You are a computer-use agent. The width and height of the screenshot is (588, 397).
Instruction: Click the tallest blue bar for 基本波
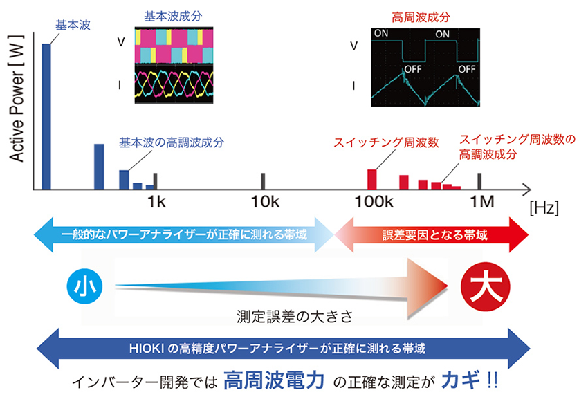tap(46, 117)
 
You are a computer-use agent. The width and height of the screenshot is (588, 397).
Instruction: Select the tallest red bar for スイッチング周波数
tap(371, 180)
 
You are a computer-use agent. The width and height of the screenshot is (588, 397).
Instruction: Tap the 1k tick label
tap(156, 202)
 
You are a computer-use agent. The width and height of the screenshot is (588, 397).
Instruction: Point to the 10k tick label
tap(265, 202)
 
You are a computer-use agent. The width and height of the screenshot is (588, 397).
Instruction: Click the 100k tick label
tap(374, 202)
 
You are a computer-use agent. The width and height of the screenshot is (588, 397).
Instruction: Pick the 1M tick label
tap(482, 202)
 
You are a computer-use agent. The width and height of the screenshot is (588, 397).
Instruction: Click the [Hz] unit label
tap(544, 208)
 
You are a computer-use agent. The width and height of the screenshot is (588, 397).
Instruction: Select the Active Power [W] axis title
tap(17, 98)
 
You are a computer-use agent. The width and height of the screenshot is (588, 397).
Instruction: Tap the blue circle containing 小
tap(85, 286)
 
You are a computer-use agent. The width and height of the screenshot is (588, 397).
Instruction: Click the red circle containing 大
tap(485, 286)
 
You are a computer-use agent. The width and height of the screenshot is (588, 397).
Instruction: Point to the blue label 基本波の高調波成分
tap(172, 142)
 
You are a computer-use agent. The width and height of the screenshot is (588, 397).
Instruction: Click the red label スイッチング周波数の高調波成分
tap(517, 147)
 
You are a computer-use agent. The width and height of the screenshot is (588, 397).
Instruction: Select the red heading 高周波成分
tap(421, 17)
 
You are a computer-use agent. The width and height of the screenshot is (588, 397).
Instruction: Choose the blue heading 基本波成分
tap(173, 16)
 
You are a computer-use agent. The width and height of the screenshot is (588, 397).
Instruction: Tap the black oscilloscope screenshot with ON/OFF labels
tap(425, 68)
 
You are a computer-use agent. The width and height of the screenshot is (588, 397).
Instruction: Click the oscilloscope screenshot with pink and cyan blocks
tap(174, 65)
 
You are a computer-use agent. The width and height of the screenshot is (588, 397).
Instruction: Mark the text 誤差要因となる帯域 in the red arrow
tap(435, 235)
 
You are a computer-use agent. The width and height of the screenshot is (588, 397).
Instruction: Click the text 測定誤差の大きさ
tap(295, 316)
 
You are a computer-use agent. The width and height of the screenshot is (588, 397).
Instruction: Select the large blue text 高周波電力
tap(274, 380)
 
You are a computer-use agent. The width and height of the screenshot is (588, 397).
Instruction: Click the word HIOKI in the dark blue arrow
tap(146, 349)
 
